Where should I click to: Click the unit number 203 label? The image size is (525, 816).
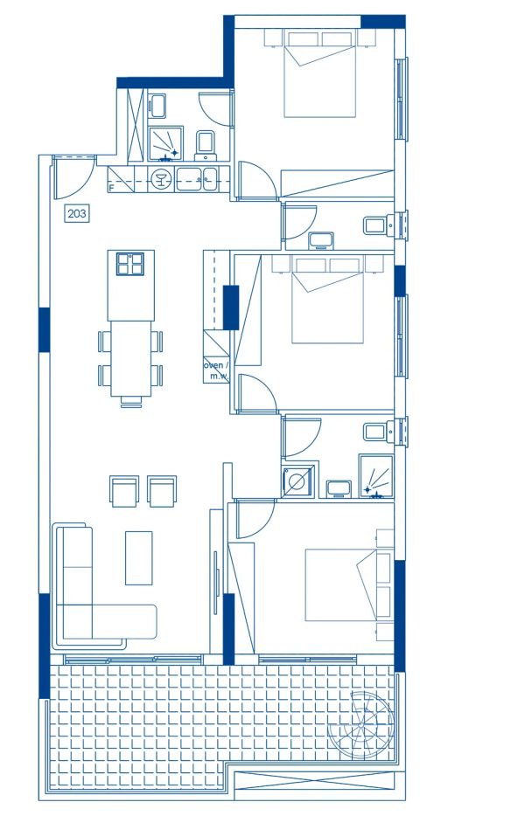coord(77,212)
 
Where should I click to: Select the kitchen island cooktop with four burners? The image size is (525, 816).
coord(131,263)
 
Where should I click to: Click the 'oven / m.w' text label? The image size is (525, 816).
coord(216,370)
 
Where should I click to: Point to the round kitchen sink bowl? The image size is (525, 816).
coord(161,180)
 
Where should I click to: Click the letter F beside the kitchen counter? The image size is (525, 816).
coord(111,187)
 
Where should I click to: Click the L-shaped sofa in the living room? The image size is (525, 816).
coord(87,594)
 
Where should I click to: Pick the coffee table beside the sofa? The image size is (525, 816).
coord(138,557)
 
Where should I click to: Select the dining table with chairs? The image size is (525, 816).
coord(130,358)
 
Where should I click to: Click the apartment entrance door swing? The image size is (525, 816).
coord(69,175)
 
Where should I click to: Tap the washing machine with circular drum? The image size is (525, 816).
coord(295,481)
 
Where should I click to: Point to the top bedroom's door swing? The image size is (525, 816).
coord(255,180)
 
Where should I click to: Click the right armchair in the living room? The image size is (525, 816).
coord(162,491)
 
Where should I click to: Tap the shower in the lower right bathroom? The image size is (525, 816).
coord(377,477)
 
